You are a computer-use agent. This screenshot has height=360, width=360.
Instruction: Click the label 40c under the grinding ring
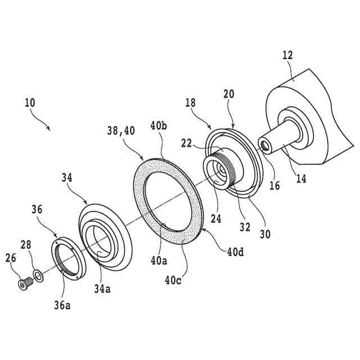(x=172, y=278)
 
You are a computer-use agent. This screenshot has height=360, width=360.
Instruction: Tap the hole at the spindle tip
(x=262, y=147)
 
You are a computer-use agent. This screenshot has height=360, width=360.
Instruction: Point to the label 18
(x=191, y=103)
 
